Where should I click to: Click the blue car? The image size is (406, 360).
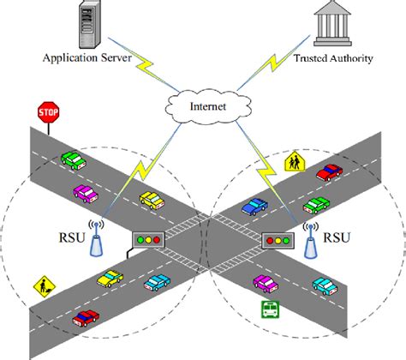[254, 206]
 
